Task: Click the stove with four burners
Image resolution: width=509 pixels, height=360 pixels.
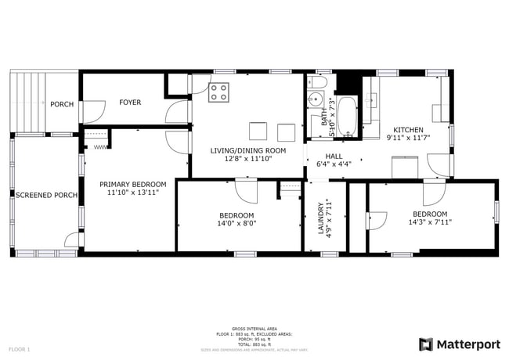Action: [x=218, y=93]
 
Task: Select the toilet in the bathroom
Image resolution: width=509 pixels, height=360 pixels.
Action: [x=319, y=81]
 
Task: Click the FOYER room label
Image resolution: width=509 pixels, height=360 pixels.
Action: [x=130, y=103]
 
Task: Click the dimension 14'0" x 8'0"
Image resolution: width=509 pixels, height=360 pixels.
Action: [x=236, y=223]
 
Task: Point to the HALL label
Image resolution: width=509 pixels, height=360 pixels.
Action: [x=334, y=156]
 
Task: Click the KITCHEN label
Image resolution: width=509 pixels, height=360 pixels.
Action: [x=408, y=130]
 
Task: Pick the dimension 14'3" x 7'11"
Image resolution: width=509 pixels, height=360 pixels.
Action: [x=430, y=221]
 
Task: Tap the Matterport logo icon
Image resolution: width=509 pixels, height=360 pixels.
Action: [x=426, y=344]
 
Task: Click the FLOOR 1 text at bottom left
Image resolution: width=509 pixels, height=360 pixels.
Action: [x=20, y=348]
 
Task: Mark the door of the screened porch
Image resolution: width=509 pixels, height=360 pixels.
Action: [x=72, y=240]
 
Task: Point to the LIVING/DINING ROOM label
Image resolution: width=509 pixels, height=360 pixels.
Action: [x=247, y=149]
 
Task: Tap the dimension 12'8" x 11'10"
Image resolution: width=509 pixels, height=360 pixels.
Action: [x=247, y=158]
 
